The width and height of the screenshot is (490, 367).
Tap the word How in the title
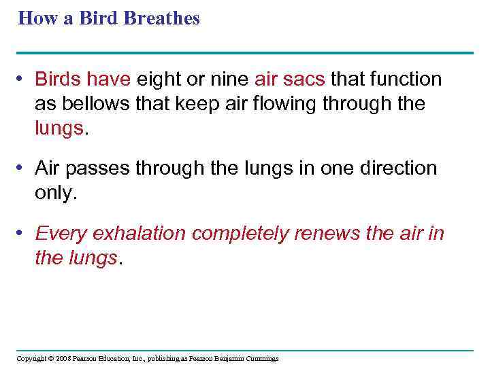pos(34,18)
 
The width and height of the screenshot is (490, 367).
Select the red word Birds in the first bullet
pos(59,80)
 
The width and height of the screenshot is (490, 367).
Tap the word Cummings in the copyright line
pos(259,358)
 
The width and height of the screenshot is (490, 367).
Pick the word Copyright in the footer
pos(30,358)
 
